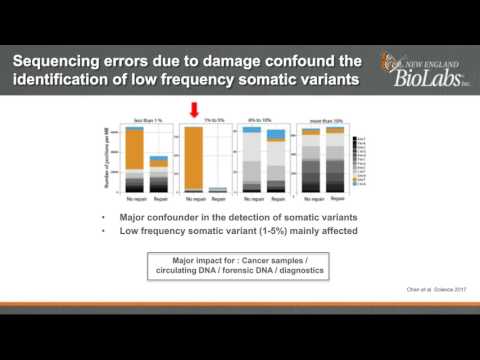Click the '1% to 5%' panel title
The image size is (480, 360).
203,120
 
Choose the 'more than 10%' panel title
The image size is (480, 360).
317,120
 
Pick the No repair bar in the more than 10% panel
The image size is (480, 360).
306,159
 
